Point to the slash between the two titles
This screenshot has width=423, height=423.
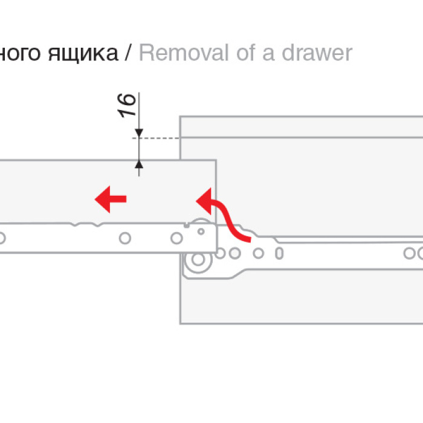click(128, 53)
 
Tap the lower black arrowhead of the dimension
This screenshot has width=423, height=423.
click(139, 164)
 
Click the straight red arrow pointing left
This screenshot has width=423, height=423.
click(111, 199)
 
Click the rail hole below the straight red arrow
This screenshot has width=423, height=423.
click(124, 238)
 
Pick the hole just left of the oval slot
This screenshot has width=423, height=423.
click(259, 253)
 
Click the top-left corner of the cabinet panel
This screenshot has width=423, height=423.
click(181, 117)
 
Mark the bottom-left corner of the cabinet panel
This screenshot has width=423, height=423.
click(181, 323)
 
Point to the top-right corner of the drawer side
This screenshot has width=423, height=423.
click(216, 161)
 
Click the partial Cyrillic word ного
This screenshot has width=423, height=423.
click(21, 54)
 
